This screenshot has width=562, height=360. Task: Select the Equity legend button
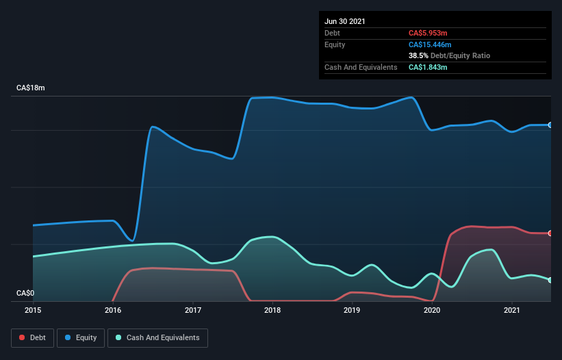click(x=81, y=337)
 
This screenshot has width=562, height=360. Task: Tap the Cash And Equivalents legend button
click(x=157, y=337)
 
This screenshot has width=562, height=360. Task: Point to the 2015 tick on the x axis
click(x=33, y=311)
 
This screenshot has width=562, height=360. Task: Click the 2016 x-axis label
click(x=113, y=311)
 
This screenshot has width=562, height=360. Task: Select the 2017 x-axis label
click(x=193, y=311)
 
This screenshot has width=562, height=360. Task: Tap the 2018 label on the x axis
click(x=272, y=311)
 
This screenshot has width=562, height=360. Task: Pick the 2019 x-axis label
click(x=353, y=311)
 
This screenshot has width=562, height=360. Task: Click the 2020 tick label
click(x=432, y=311)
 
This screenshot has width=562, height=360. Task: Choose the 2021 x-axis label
click(x=512, y=311)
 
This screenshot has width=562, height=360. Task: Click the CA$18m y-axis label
click(x=31, y=88)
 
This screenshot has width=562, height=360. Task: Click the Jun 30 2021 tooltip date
click(x=345, y=21)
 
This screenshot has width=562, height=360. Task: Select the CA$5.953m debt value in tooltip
click(x=428, y=33)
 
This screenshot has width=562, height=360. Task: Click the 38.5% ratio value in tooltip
click(x=418, y=55)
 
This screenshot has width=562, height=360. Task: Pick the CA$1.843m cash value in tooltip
click(x=428, y=67)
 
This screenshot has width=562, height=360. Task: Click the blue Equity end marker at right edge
click(x=550, y=125)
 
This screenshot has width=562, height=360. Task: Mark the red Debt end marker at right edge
click(x=550, y=233)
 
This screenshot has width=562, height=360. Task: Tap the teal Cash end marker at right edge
click(x=550, y=280)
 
